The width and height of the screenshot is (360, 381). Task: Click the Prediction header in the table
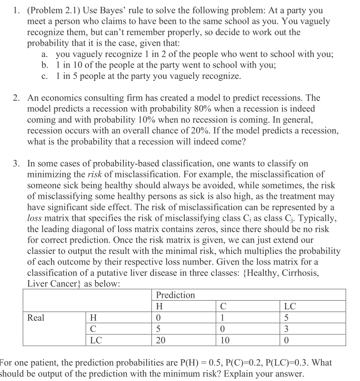(x=175, y=295)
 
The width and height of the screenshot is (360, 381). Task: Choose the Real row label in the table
(x=36, y=317)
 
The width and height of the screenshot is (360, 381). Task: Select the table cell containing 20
(x=161, y=340)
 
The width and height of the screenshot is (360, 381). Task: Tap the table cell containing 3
(x=286, y=329)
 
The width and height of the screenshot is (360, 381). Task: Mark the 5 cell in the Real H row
(x=286, y=317)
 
